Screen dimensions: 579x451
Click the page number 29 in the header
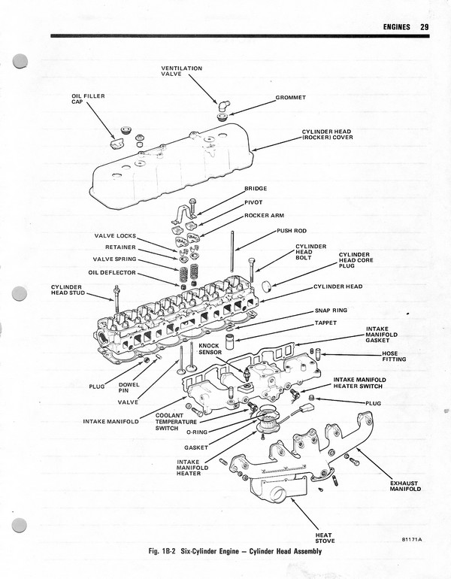pyautogui.click(x=425, y=27)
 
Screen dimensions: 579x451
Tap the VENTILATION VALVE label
pyautogui.click(x=182, y=71)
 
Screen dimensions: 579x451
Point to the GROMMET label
pyautogui.click(x=290, y=98)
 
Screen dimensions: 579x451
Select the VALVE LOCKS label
pyautogui.click(x=115, y=236)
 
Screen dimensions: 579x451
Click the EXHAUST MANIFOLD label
pyautogui.click(x=405, y=486)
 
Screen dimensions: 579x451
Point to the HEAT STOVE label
pyautogui.click(x=325, y=538)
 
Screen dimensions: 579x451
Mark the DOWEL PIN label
pyautogui.click(x=129, y=388)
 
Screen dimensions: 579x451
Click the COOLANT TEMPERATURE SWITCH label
pyautogui.click(x=175, y=421)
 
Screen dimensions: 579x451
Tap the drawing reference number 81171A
pyautogui.click(x=412, y=539)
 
